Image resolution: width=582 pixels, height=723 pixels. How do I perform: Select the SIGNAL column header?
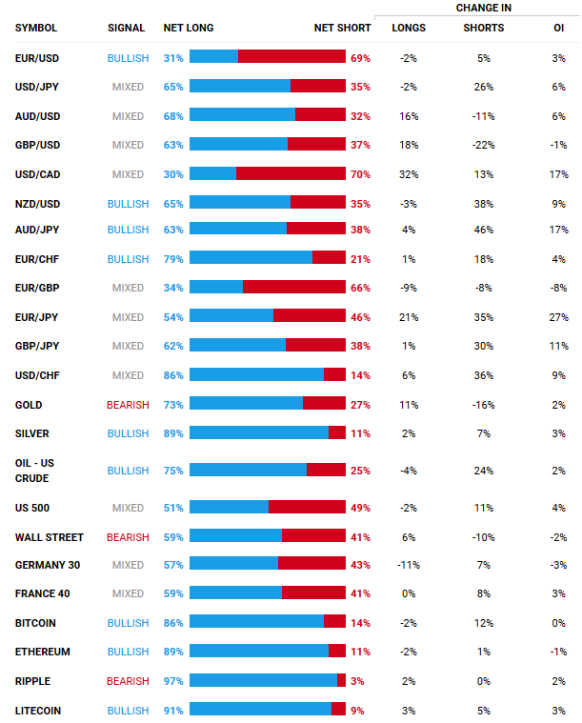click(x=127, y=28)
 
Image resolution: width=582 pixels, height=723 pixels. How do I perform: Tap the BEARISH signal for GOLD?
click(x=128, y=405)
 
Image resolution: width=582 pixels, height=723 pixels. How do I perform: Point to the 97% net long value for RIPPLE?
click(x=173, y=681)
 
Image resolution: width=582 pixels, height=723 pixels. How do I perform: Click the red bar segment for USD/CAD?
click(x=291, y=174)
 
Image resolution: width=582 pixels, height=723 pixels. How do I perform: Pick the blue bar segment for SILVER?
click(x=259, y=432)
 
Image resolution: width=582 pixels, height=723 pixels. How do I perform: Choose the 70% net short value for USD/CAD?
click(x=360, y=175)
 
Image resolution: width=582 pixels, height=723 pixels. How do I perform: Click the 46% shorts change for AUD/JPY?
click(x=483, y=230)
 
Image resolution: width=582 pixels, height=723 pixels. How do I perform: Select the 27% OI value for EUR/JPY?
click(x=558, y=317)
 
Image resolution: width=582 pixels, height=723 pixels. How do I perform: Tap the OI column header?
click(x=558, y=28)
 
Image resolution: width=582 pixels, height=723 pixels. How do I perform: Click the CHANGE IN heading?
click(x=484, y=8)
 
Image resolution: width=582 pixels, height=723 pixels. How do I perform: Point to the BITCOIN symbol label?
click(x=35, y=623)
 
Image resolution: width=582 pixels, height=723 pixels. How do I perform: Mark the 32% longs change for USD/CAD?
click(x=409, y=175)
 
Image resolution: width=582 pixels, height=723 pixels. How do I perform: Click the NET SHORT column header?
click(x=343, y=28)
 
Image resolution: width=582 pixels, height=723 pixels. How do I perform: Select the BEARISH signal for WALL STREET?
click(x=128, y=537)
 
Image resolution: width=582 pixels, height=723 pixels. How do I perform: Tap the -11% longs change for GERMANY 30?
click(x=409, y=565)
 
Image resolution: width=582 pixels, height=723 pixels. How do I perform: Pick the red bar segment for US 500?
click(x=307, y=508)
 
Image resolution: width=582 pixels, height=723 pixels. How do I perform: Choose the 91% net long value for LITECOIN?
click(x=173, y=711)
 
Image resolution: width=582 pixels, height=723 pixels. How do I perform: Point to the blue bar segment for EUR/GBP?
click(x=216, y=287)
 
